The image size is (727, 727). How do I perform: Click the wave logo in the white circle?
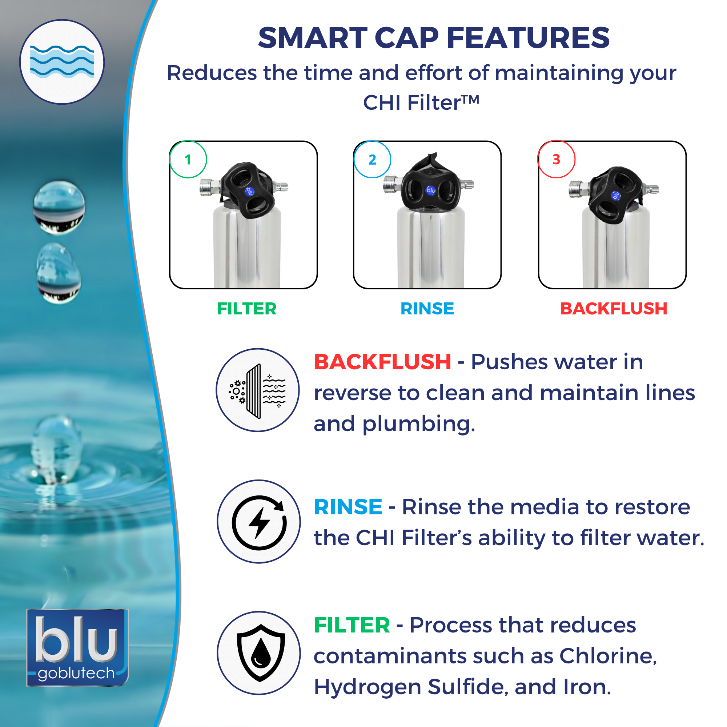pos(62,62)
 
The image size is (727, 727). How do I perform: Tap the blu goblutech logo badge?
pos(77,647)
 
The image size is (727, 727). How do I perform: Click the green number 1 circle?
pos(188,160)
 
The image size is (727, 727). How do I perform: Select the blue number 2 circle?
pos(372,160)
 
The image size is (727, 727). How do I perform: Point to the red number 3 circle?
pos(556,159)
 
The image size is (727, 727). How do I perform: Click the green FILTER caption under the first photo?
pos(246,309)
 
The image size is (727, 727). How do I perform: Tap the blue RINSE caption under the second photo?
pos(427,309)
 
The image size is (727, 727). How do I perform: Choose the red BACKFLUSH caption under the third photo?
pos(613,309)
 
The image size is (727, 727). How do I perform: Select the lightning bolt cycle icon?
pos(259,522)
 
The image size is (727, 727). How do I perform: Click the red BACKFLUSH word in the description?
pos(382,362)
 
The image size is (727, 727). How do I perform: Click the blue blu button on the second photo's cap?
pos(430,190)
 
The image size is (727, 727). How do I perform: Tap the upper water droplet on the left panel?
pos(59,207)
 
